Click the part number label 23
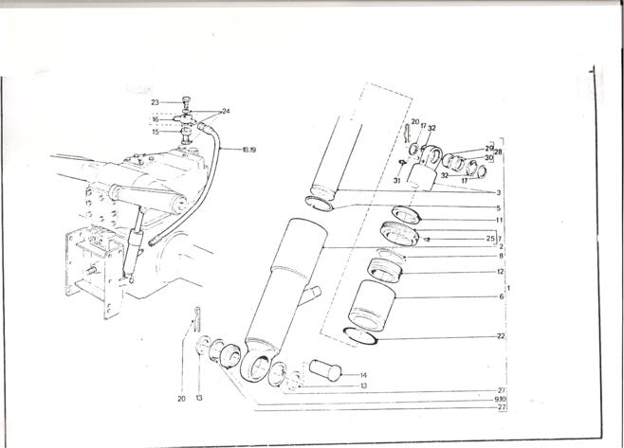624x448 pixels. coord(155,101)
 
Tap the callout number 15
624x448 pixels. coord(155,132)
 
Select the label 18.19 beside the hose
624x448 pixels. coord(249,150)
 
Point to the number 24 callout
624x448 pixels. coord(225,111)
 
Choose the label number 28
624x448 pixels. coord(498,152)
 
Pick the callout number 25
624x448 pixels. coord(490,237)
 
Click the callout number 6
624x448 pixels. coord(501,296)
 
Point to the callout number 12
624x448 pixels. coord(500,272)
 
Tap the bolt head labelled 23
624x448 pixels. coord(185,99)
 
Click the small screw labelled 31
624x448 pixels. coord(403,162)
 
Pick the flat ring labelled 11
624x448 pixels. coord(404,212)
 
